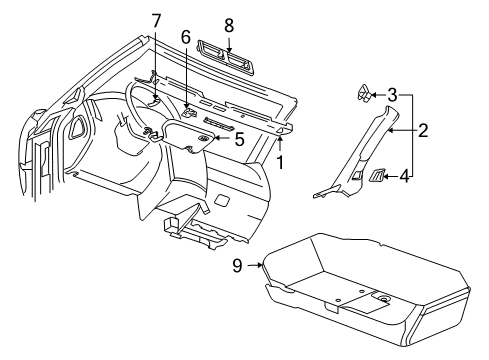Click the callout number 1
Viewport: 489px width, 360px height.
(281, 160)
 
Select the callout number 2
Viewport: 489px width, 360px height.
(423, 129)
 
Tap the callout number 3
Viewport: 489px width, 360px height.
(392, 96)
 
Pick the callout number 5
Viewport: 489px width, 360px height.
(238, 138)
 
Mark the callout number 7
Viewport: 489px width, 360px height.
(156, 21)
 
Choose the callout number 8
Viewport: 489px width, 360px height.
(229, 24)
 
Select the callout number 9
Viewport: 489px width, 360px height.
(238, 265)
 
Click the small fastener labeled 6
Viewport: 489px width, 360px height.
(188, 100)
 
